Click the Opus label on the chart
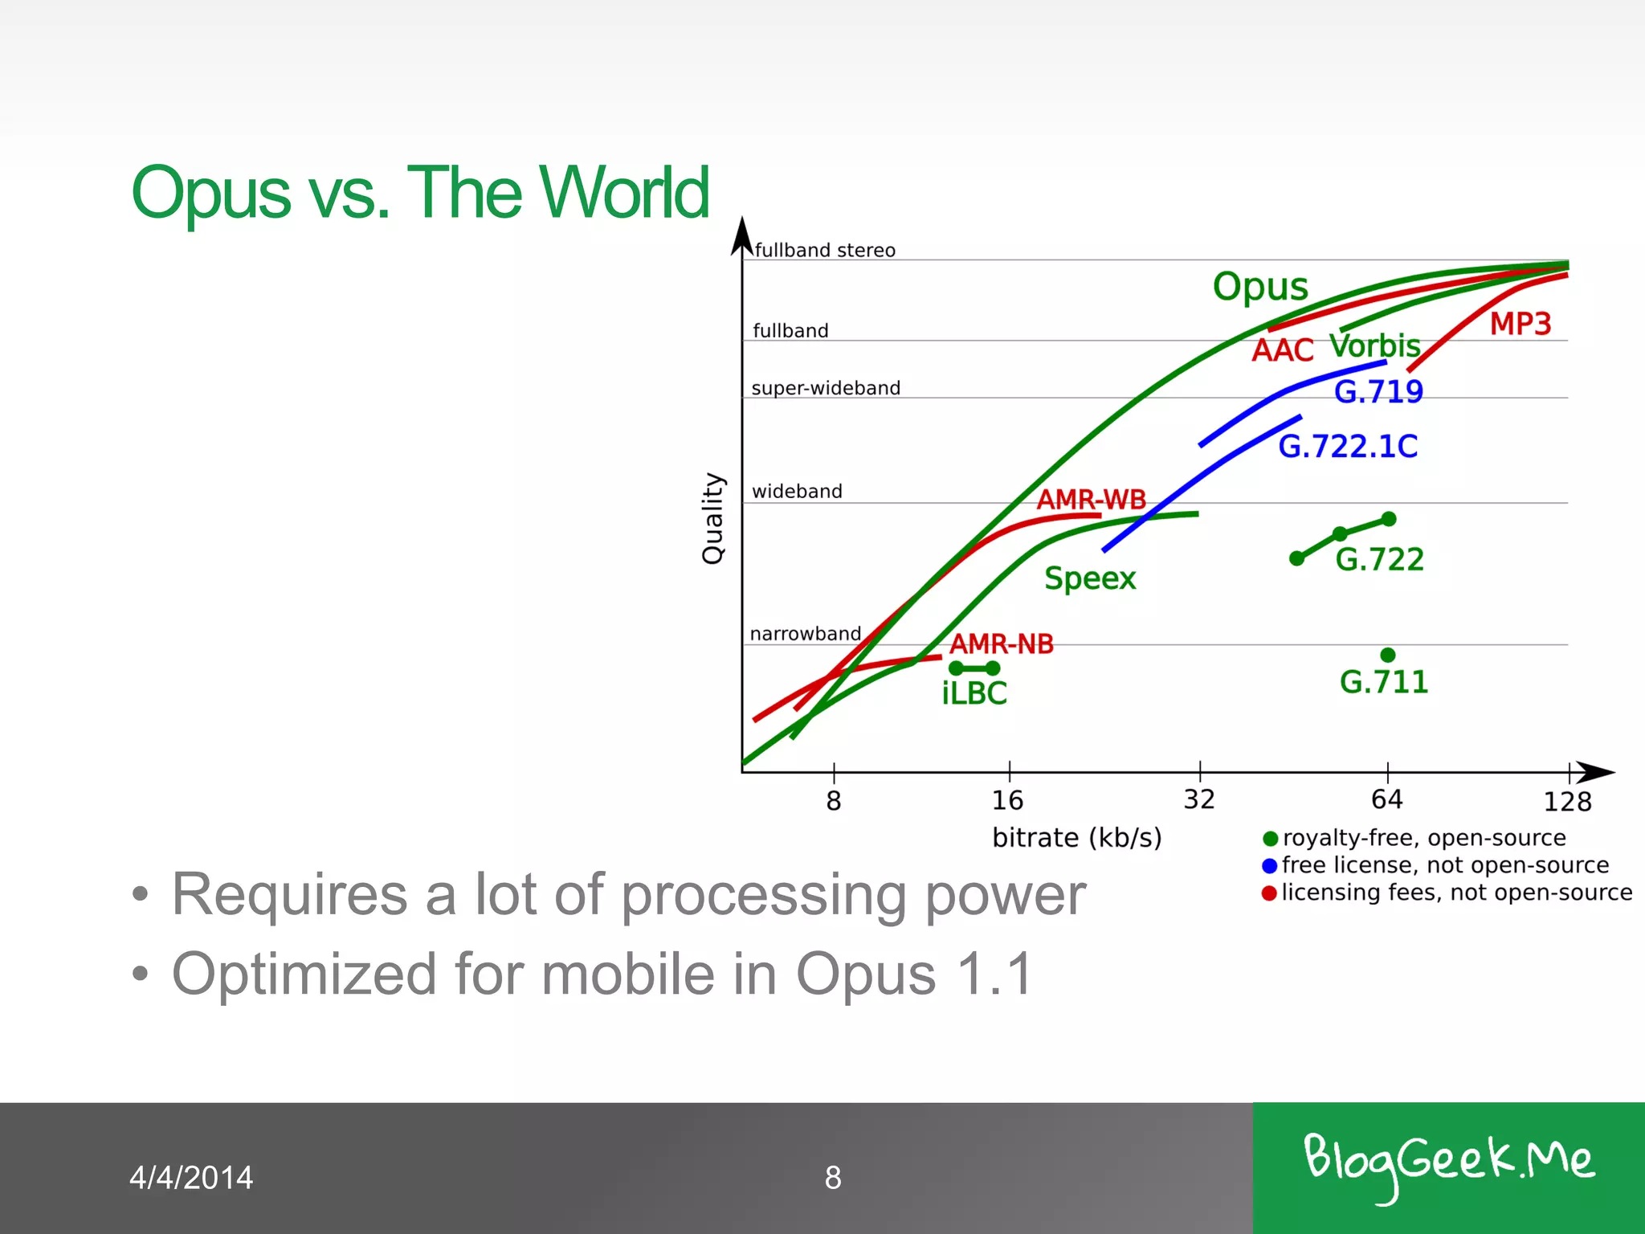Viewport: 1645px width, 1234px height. [x=1260, y=287]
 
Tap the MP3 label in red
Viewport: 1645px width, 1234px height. [x=1520, y=324]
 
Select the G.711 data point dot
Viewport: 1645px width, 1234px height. [x=1388, y=655]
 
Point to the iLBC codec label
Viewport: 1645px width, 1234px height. [x=974, y=693]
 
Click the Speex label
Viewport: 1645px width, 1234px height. [x=1090, y=578]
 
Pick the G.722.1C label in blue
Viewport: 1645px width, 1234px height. [x=1348, y=447]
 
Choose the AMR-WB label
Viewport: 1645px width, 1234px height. [x=1091, y=499]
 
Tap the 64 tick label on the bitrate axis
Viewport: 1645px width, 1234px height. [x=1387, y=799]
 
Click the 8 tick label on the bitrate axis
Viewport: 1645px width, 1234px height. [x=834, y=801]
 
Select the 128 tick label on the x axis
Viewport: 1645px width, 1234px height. [x=1567, y=801]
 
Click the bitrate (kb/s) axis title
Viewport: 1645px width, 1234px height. [x=1077, y=838]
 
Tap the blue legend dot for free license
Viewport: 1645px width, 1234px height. [x=1270, y=866]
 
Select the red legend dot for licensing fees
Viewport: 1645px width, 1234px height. [x=1269, y=893]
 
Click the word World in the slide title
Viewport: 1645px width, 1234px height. [x=624, y=193]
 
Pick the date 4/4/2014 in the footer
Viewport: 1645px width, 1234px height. [x=191, y=1178]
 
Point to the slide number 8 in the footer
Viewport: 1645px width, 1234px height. [x=833, y=1178]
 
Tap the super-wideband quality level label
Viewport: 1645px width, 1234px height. [x=826, y=388]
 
